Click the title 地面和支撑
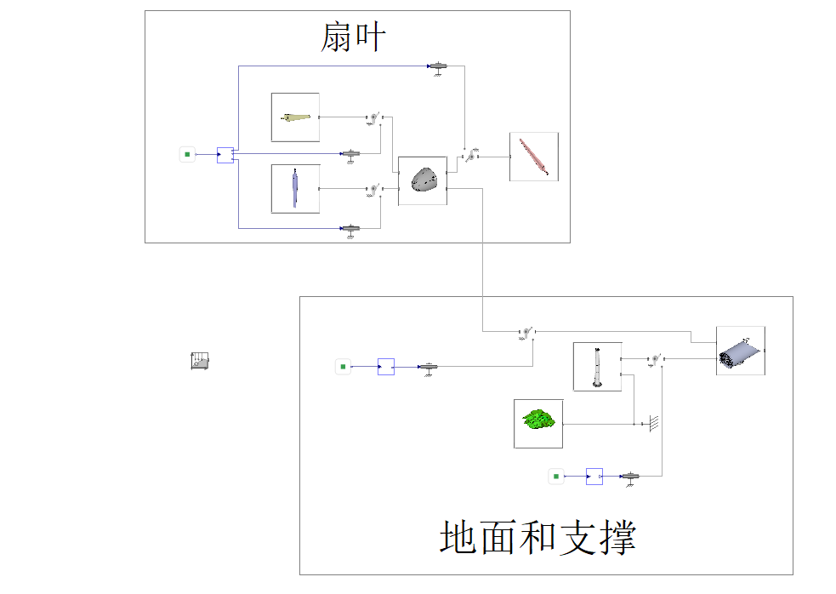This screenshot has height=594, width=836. tap(537, 537)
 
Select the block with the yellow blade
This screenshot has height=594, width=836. tap(295, 117)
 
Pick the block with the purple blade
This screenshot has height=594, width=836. tap(295, 188)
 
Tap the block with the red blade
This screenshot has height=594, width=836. tap(533, 157)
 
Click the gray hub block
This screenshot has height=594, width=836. tap(422, 180)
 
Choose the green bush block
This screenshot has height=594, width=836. tap(538, 422)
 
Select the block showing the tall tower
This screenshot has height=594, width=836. tap(597, 366)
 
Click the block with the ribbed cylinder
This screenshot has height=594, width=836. tap(740, 351)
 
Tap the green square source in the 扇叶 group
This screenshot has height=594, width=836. tap(187, 154)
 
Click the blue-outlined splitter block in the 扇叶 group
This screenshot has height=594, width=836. tap(225, 155)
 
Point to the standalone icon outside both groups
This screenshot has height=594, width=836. tap(200, 361)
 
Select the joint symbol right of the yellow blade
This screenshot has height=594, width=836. tap(373, 117)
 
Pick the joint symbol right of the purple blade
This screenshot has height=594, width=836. tap(373, 189)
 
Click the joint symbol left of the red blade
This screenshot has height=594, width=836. tap(469, 157)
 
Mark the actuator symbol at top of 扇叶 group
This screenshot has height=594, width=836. tap(438, 66)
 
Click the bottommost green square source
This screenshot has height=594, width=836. tap(556, 477)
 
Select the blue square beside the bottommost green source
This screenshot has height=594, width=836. tap(594, 477)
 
